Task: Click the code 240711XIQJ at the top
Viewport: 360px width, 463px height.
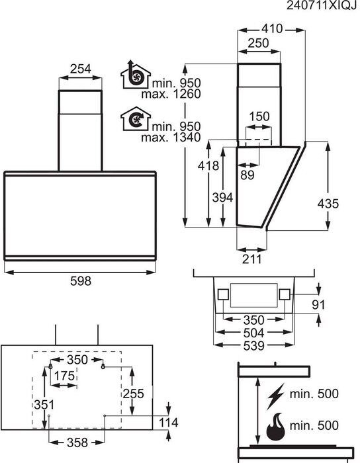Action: (321, 7)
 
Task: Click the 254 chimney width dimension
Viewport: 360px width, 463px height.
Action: (80, 69)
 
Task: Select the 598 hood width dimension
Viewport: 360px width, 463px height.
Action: (80, 280)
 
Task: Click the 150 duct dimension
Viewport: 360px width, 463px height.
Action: (259, 116)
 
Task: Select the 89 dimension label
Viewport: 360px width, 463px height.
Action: (247, 175)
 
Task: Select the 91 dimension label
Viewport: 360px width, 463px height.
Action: (319, 306)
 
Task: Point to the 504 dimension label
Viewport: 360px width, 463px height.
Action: (252, 333)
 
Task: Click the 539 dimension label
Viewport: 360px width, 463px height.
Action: (252, 345)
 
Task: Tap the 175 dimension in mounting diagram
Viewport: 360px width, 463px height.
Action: (64, 376)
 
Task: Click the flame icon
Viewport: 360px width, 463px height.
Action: (277, 428)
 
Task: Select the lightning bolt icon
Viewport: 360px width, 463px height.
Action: (276, 396)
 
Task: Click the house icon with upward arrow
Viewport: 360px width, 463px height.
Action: (134, 77)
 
